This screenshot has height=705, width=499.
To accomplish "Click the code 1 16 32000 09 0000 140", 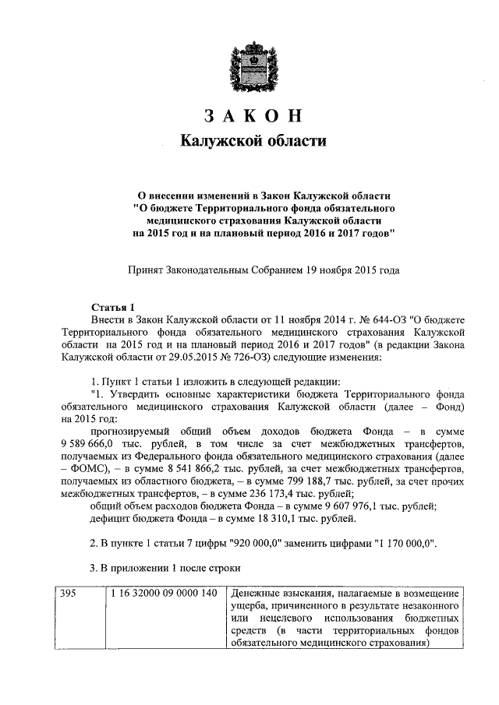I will [165, 594].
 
